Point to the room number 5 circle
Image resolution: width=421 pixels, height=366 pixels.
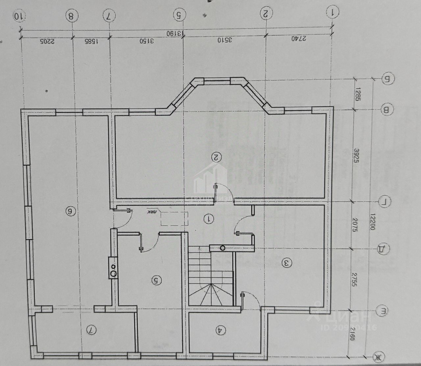[157, 280]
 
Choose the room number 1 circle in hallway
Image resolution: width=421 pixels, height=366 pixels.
[208, 219]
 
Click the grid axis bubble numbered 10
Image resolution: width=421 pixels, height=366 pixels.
[19, 16]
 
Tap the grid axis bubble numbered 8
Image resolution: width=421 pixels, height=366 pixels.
[71, 16]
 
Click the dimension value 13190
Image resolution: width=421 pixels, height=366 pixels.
[174, 34]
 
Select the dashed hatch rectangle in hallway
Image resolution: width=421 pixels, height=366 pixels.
[174, 219]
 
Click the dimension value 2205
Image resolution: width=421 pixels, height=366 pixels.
[47, 41]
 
